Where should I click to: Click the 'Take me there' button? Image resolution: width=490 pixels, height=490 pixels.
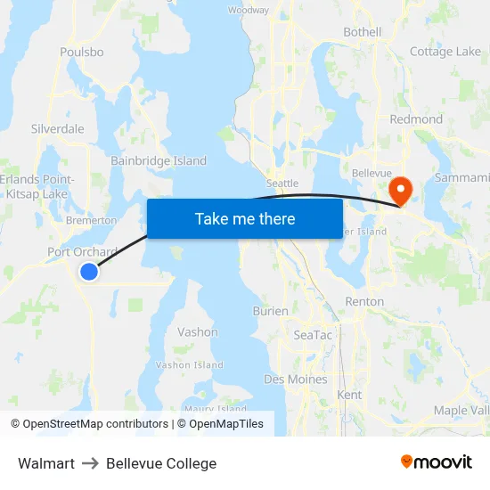click(245, 218)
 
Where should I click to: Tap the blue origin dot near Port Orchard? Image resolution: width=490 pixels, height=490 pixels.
click(89, 272)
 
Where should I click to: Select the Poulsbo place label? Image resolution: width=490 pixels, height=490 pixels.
click(82, 52)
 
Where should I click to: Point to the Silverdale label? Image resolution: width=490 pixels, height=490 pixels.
click(58, 128)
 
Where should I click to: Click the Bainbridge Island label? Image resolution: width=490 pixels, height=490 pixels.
click(159, 161)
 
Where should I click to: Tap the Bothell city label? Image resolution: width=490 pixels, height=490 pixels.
click(363, 32)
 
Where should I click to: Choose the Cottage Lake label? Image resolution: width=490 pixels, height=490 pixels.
click(445, 52)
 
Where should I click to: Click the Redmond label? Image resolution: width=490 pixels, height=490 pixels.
click(416, 118)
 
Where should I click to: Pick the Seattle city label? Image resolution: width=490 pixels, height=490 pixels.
click(282, 183)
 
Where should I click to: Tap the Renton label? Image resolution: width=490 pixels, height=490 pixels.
click(364, 301)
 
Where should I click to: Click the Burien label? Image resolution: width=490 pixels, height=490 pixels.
click(270, 311)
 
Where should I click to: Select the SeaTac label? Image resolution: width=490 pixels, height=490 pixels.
click(313, 335)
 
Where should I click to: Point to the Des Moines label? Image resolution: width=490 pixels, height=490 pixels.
click(296, 380)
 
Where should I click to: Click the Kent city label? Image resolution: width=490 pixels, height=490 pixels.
click(350, 394)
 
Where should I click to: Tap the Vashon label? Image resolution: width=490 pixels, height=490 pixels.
click(198, 331)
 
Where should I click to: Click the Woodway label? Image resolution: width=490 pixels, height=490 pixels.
click(249, 10)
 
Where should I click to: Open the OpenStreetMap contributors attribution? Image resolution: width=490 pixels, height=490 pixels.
click(95, 424)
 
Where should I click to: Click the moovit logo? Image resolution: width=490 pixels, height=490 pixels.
click(437, 461)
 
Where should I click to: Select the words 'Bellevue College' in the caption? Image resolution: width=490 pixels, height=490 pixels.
click(161, 463)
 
